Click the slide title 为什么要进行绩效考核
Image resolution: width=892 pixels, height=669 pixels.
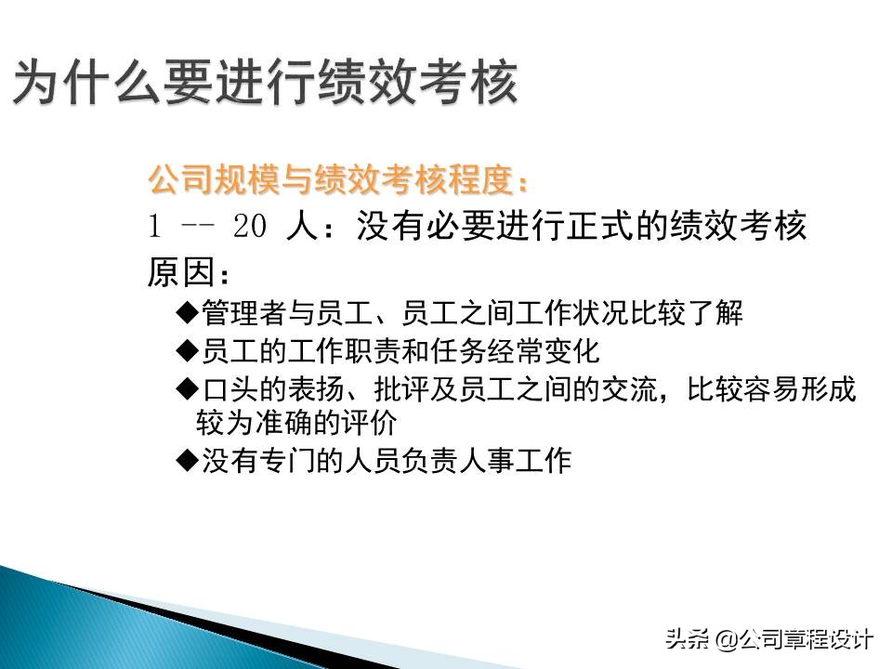265,84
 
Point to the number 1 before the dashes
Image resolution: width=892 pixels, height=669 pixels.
156,228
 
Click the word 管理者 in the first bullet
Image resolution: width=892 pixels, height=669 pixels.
238,313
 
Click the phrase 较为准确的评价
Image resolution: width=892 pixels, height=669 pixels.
296,424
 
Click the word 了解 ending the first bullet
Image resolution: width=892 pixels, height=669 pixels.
716,313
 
